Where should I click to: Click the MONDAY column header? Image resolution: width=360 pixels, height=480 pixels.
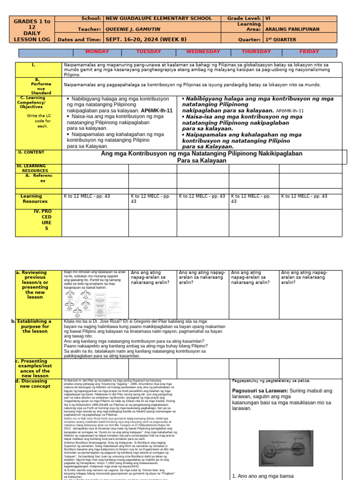click(97, 52)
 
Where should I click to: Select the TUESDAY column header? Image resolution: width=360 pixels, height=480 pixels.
click(149, 52)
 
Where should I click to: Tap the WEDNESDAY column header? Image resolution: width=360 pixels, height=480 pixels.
click(203, 52)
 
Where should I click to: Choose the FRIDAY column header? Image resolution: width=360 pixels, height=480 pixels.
click(309, 52)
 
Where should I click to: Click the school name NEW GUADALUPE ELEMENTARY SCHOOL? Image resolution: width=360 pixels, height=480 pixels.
click(159, 18)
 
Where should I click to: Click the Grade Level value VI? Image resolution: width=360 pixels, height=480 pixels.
click(269, 18)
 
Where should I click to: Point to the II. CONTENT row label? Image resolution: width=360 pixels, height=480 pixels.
click(30, 152)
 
